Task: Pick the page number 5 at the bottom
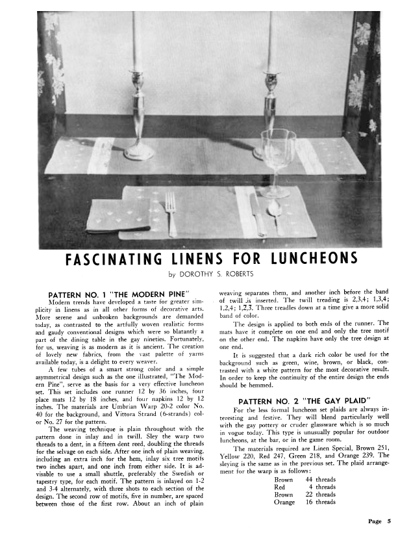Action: (388, 521)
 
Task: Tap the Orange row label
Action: (284, 502)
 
